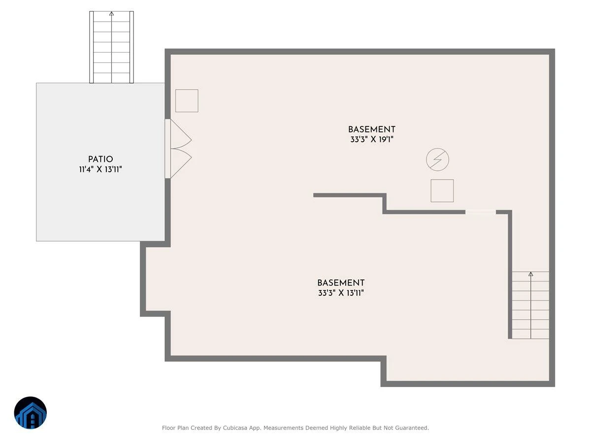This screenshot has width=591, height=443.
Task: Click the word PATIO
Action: click(100, 159)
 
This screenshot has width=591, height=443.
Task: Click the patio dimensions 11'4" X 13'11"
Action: click(100, 169)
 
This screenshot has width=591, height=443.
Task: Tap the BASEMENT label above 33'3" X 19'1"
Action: click(371, 129)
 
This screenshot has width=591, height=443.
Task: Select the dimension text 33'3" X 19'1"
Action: click(371, 140)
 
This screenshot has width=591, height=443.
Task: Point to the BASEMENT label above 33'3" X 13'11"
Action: click(341, 283)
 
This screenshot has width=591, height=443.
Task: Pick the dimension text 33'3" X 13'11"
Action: click(341, 293)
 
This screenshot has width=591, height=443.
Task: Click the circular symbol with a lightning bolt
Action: click(437, 159)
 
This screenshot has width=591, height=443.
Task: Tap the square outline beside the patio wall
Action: click(187, 100)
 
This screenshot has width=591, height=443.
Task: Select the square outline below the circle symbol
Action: click(442, 190)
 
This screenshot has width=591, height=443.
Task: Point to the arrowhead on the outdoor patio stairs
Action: click(111, 13)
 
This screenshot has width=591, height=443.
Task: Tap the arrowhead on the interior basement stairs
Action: click(530, 274)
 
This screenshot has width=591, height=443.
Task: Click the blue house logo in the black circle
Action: click(31, 412)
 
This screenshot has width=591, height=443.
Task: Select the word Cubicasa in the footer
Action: click(235, 428)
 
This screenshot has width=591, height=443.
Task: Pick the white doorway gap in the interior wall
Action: click(481, 212)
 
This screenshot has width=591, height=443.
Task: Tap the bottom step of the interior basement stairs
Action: click(530, 334)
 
